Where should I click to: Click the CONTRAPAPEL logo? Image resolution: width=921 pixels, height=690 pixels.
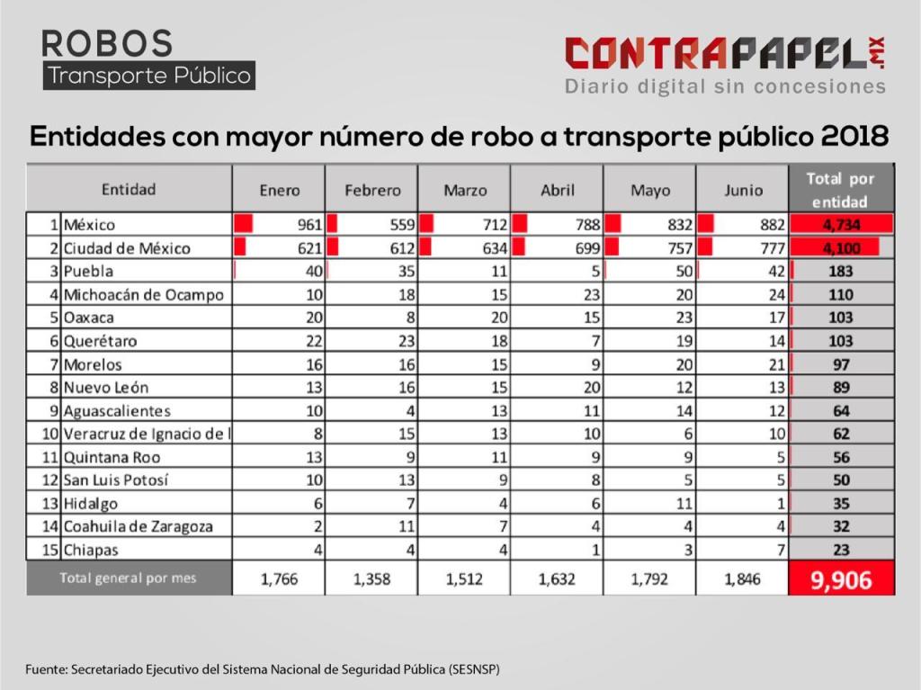725,54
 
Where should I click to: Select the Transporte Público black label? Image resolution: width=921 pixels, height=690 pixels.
149,76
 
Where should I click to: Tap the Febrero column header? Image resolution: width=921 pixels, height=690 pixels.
372,191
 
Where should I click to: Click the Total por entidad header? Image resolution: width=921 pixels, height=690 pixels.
840,190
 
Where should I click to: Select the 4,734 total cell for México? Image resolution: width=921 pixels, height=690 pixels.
841,225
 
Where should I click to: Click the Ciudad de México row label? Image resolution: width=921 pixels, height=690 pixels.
127,248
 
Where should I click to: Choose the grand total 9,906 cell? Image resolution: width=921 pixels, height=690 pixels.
841,579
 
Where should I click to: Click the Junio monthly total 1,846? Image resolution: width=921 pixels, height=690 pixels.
741,579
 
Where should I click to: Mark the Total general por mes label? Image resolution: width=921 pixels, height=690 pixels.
128,578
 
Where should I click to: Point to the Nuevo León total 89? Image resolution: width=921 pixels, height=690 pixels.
841,388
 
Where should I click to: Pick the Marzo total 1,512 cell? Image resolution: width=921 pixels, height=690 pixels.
464,579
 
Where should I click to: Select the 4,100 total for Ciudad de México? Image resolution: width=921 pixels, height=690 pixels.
841,248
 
